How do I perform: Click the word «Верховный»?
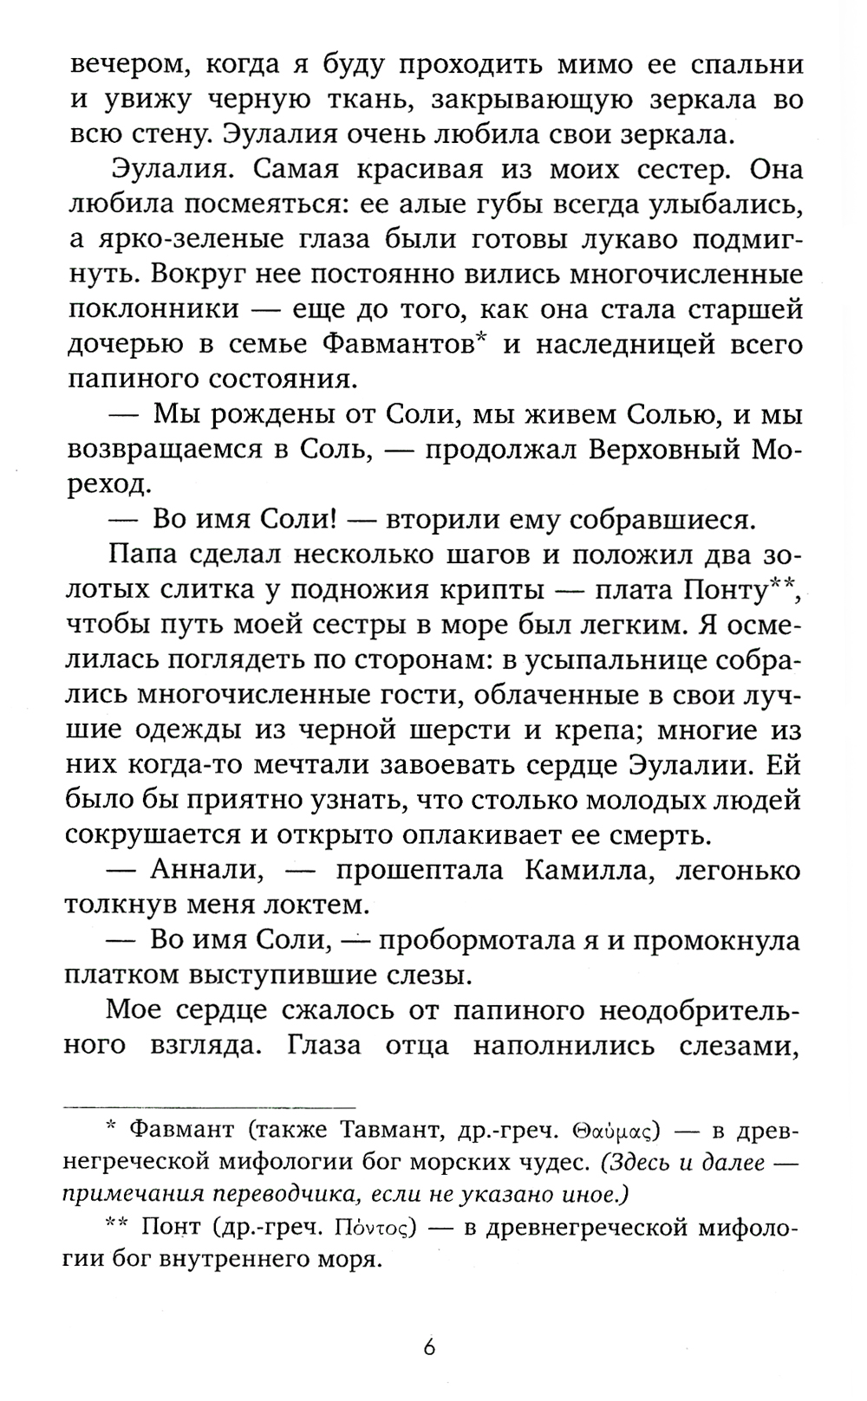651,450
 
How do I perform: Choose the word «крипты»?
489,590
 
